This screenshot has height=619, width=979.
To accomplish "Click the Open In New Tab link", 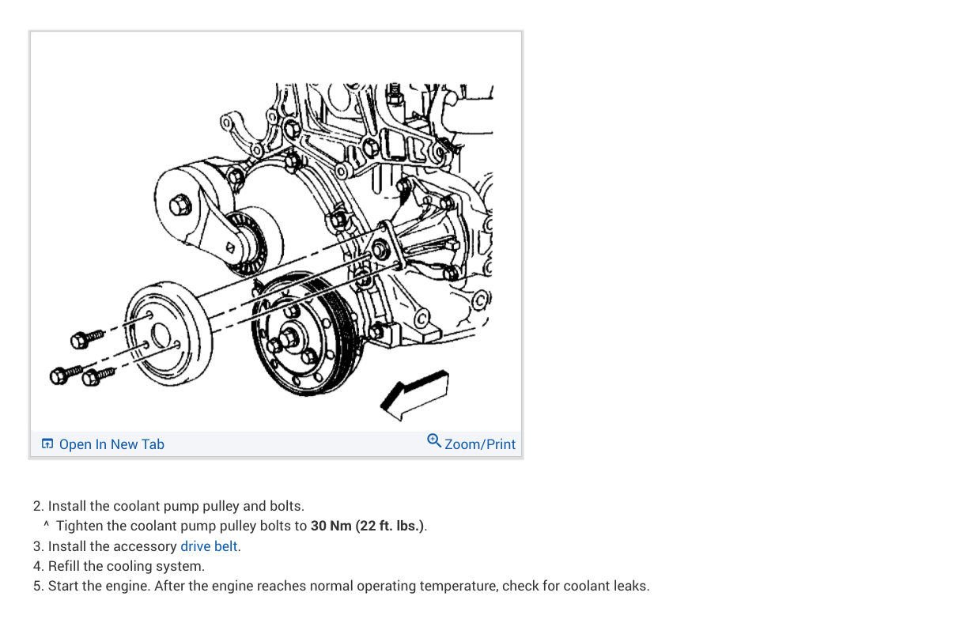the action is (111, 444).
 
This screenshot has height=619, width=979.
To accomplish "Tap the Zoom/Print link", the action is (479, 444).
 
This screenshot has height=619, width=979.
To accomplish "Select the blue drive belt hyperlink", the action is (210, 546).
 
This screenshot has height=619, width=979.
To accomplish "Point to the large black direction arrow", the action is (415, 393).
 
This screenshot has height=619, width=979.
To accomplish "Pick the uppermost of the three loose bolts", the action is (86, 339).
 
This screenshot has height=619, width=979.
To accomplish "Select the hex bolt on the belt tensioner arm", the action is (180, 205).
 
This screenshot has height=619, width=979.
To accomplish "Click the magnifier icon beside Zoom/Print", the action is (434, 440).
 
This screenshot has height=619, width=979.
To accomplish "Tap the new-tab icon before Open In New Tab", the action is (47, 444).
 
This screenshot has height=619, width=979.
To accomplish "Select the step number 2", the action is (37, 506).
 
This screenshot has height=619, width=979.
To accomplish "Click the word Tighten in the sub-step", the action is (80, 526).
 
